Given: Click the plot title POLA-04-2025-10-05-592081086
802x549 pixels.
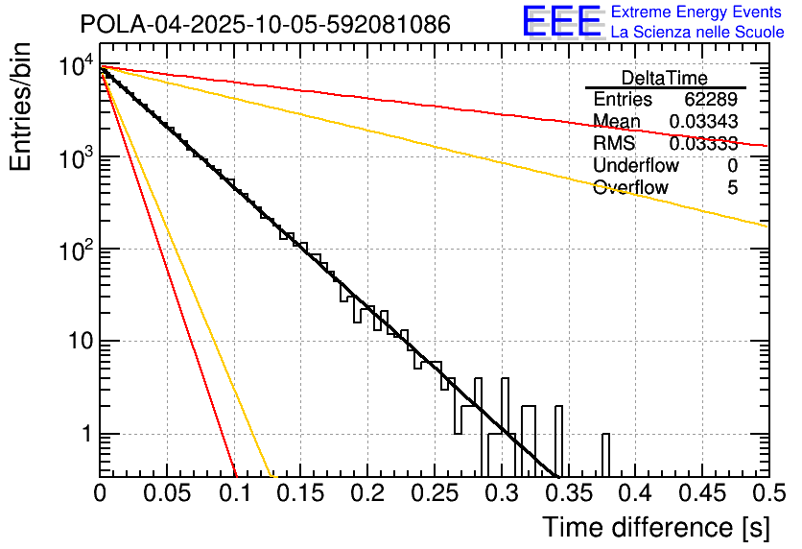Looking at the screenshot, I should click(x=265, y=25).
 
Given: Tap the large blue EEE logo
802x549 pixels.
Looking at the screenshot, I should click(x=562, y=23).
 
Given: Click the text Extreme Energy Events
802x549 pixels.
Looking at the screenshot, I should click(x=696, y=12).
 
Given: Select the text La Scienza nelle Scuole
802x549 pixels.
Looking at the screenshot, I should click(x=696, y=33).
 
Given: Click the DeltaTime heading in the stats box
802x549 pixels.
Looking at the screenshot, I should click(x=664, y=78).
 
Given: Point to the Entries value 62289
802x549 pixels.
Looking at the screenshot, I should click(x=711, y=100).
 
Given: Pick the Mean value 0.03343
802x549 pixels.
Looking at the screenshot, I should click(x=703, y=121).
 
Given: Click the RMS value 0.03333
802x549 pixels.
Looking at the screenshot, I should click(x=703, y=143).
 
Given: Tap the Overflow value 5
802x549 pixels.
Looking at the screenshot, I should click(x=732, y=187).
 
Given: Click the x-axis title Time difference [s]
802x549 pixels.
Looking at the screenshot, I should click(x=655, y=527).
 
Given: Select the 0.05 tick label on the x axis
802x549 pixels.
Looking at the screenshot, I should click(x=166, y=492).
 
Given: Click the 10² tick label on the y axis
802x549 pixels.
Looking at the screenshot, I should click(x=73, y=250).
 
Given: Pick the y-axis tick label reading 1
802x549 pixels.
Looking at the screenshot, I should click(x=84, y=434).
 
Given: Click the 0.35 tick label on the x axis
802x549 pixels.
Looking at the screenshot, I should click(x=567, y=492).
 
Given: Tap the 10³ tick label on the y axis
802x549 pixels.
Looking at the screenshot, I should click(x=73, y=157).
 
